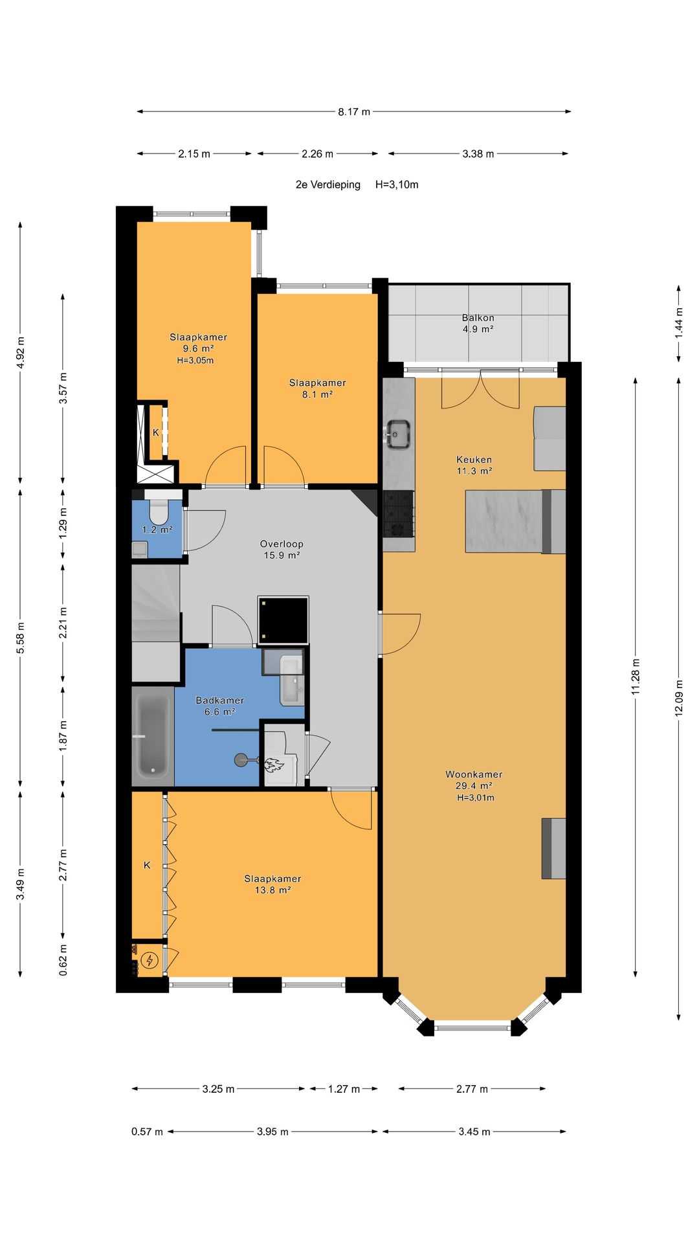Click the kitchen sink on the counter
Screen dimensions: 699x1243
pos(397,434)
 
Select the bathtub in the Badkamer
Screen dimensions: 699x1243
pos(153,736)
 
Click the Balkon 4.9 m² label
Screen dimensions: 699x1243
pos(478,323)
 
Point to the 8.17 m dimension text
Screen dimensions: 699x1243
pos(354,111)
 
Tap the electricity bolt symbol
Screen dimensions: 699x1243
pos(150,959)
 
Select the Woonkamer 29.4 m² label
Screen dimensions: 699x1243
pos(474,785)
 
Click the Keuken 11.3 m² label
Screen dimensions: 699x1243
pos(474,465)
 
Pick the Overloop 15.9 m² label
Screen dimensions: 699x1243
pos(282,550)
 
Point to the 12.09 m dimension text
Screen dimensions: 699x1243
pos(678,697)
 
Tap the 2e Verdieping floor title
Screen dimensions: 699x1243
pos(328,185)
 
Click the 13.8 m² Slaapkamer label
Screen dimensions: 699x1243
pos(272,884)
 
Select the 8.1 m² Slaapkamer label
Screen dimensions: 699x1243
pos(317,388)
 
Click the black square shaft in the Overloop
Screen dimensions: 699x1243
pos(283,621)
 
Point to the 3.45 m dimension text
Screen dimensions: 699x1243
pos(474,1132)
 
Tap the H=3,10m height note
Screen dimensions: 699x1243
pos(397,185)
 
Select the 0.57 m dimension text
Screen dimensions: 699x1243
pos(147,1132)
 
